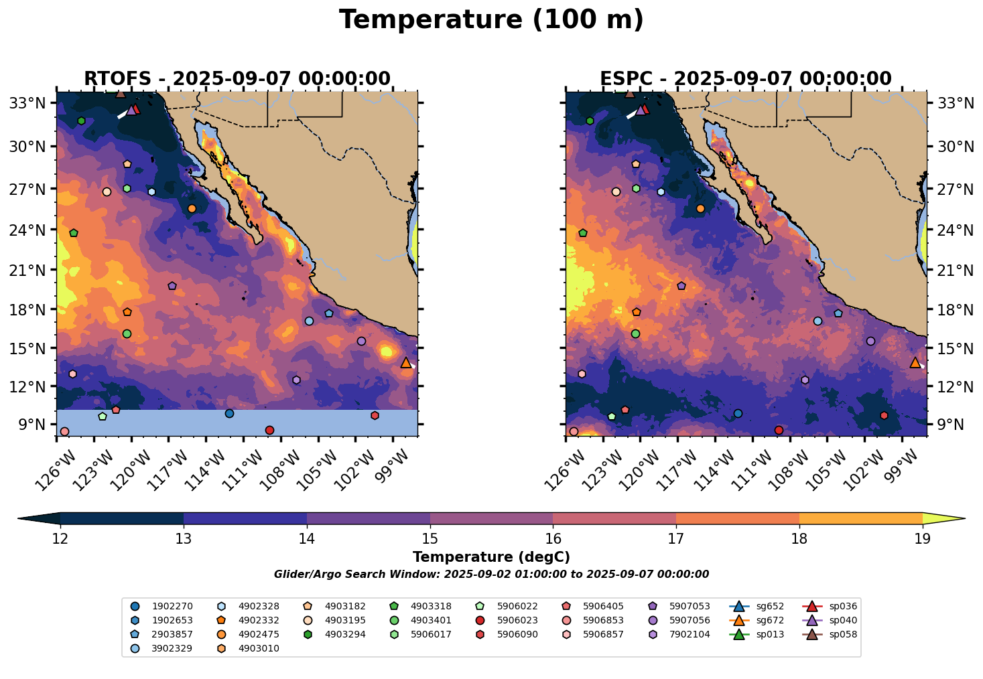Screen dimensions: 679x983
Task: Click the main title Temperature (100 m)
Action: click(491, 20)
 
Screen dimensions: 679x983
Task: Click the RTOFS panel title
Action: click(237, 79)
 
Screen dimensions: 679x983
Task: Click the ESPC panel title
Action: click(746, 79)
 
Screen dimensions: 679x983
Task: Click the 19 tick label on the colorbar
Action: click(923, 539)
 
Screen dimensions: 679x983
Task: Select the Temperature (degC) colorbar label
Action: click(491, 557)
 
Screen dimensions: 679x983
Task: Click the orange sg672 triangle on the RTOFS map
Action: click(406, 362)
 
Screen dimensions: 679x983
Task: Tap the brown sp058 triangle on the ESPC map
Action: click(630, 93)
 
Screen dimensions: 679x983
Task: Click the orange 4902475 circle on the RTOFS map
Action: click(192, 208)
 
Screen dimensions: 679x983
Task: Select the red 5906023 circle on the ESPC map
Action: click(779, 430)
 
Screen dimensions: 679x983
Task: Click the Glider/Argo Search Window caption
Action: click(491, 575)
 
